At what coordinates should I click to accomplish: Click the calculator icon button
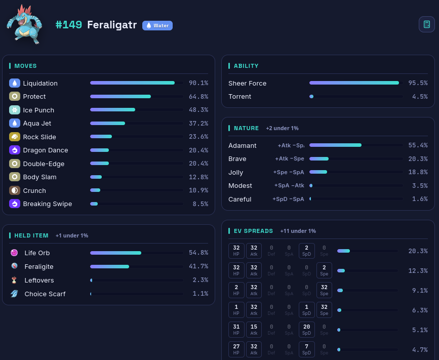click(427, 24)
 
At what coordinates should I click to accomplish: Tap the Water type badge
click(157, 25)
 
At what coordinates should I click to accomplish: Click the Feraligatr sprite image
click(25, 25)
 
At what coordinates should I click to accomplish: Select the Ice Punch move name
click(38, 110)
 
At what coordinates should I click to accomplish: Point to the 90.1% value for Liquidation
click(198, 83)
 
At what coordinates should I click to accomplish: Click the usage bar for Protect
click(136, 97)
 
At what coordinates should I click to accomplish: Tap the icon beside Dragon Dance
click(15, 150)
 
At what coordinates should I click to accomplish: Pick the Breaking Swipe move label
click(47, 204)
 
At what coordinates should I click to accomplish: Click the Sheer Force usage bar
click(356, 83)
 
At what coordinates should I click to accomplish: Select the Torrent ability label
click(240, 97)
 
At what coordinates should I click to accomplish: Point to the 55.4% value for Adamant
click(418, 145)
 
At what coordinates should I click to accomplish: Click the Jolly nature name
click(236, 173)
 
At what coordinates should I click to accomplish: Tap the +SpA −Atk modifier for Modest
click(289, 185)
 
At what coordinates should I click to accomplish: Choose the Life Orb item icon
click(14, 253)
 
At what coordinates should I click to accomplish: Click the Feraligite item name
click(39, 266)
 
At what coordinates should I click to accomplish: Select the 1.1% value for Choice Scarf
click(201, 293)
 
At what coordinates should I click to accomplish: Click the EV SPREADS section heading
click(253, 231)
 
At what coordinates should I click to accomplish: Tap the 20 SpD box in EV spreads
click(306, 330)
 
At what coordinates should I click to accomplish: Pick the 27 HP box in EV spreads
click(236, 349)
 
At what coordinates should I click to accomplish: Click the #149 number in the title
click(68, 25)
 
